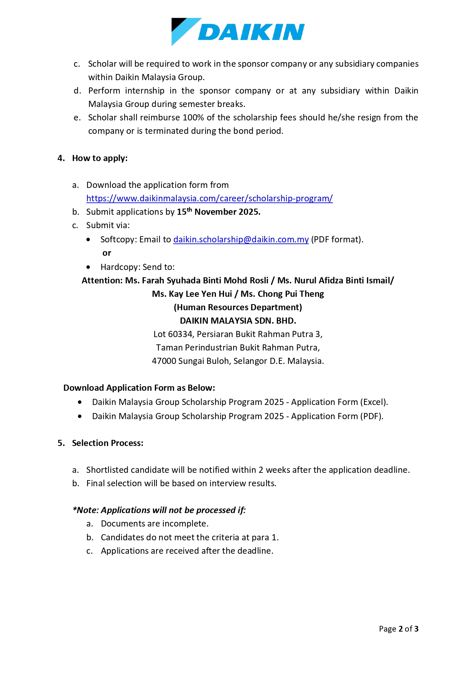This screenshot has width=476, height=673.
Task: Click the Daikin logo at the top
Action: [238, 31]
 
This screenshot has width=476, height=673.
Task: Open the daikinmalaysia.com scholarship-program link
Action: [209, 198]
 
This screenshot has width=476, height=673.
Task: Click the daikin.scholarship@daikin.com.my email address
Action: [241, 239]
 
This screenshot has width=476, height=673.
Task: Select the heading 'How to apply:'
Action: [100, 158]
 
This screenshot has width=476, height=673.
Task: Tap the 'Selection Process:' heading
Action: [107, 443]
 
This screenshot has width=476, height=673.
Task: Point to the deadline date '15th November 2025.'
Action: [219, 212]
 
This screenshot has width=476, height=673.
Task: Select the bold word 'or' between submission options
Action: [107, 253]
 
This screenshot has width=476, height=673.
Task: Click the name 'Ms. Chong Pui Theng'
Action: [282, 294]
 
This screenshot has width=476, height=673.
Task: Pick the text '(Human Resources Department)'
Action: [238, 307]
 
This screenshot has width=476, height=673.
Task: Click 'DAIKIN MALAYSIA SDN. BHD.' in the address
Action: [238, 321]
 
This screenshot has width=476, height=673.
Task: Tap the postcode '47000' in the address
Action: [164, 361]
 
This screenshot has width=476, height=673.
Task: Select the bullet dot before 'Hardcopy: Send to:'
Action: [89, 267]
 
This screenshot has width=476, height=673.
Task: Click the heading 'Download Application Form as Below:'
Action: [139, 388]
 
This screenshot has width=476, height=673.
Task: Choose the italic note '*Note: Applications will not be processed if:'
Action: [159, 510]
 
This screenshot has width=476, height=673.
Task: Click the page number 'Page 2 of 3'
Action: [399, 629]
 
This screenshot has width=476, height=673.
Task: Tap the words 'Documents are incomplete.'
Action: [155, 523]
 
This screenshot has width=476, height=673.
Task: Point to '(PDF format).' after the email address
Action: [337, 239]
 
